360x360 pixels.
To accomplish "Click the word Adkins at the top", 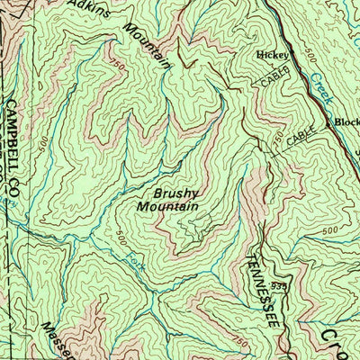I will pyautogui.click(x=93, y=11).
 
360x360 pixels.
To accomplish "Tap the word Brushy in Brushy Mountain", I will pyautogui.click(x=175, y=193).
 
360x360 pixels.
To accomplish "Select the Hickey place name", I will pyautogui.click(x=272, y=55).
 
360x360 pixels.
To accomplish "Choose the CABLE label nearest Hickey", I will pyautogui.click(x=276, y=77).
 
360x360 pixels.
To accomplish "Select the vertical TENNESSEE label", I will pyautogui.click(x=256, y=287).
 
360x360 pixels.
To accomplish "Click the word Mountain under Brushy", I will pyautogui.click(x=167, y=207).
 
